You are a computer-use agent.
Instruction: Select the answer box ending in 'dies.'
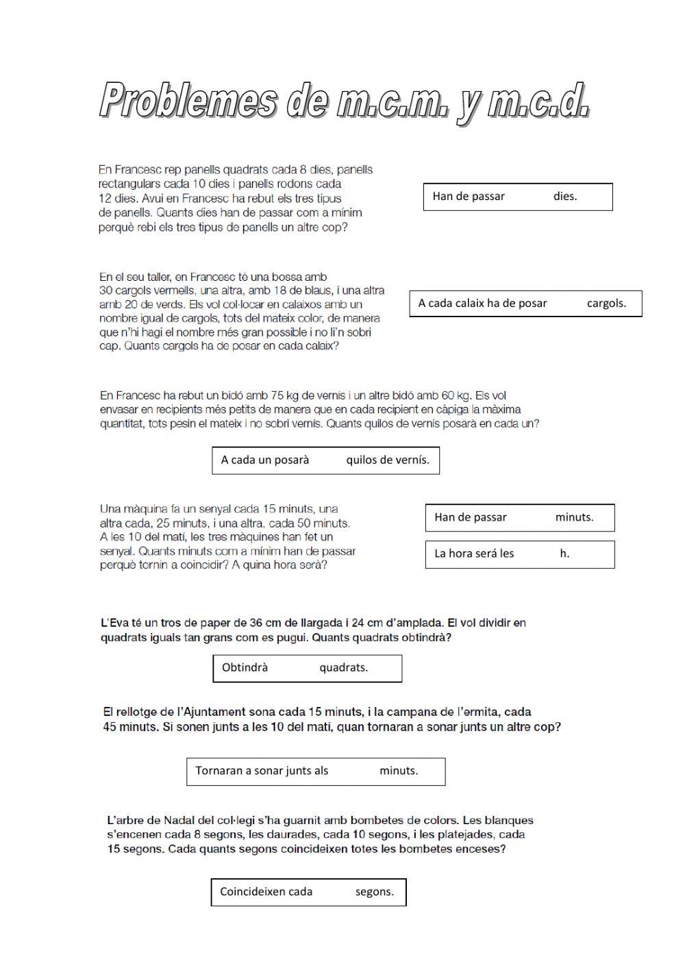tap(518, 197)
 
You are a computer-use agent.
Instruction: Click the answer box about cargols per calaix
tap(525, 303)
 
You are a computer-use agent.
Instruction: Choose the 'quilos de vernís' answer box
tap(325, 460)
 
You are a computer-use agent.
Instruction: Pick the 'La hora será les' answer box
tap(519, 554)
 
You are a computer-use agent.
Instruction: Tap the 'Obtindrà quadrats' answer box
tap(307, 668)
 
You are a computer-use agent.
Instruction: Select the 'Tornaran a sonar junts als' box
tap(315, 771)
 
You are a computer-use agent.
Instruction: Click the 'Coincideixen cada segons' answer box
tap(308, 892)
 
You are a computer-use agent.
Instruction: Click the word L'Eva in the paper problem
tap(115, 623)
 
